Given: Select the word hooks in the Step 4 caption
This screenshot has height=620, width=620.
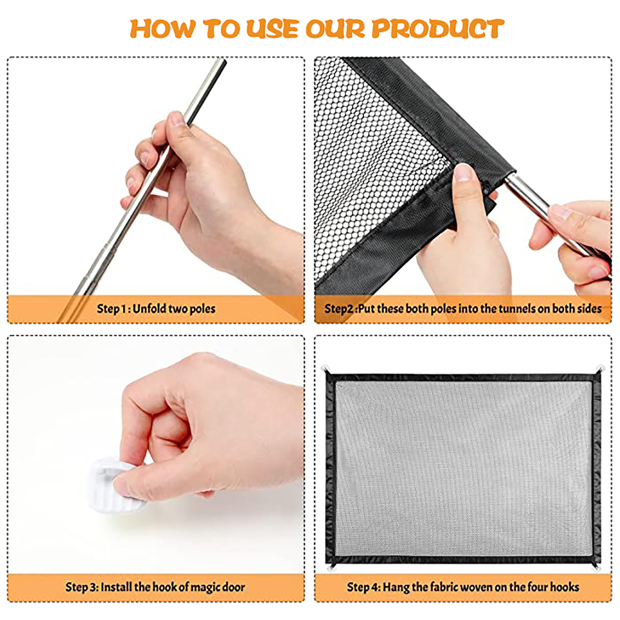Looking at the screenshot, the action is [x=565, y=587].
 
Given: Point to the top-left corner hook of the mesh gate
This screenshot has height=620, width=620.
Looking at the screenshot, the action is [x=327, y=369].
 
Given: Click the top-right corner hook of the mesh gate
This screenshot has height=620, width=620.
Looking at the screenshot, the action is [x=600, y=369].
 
